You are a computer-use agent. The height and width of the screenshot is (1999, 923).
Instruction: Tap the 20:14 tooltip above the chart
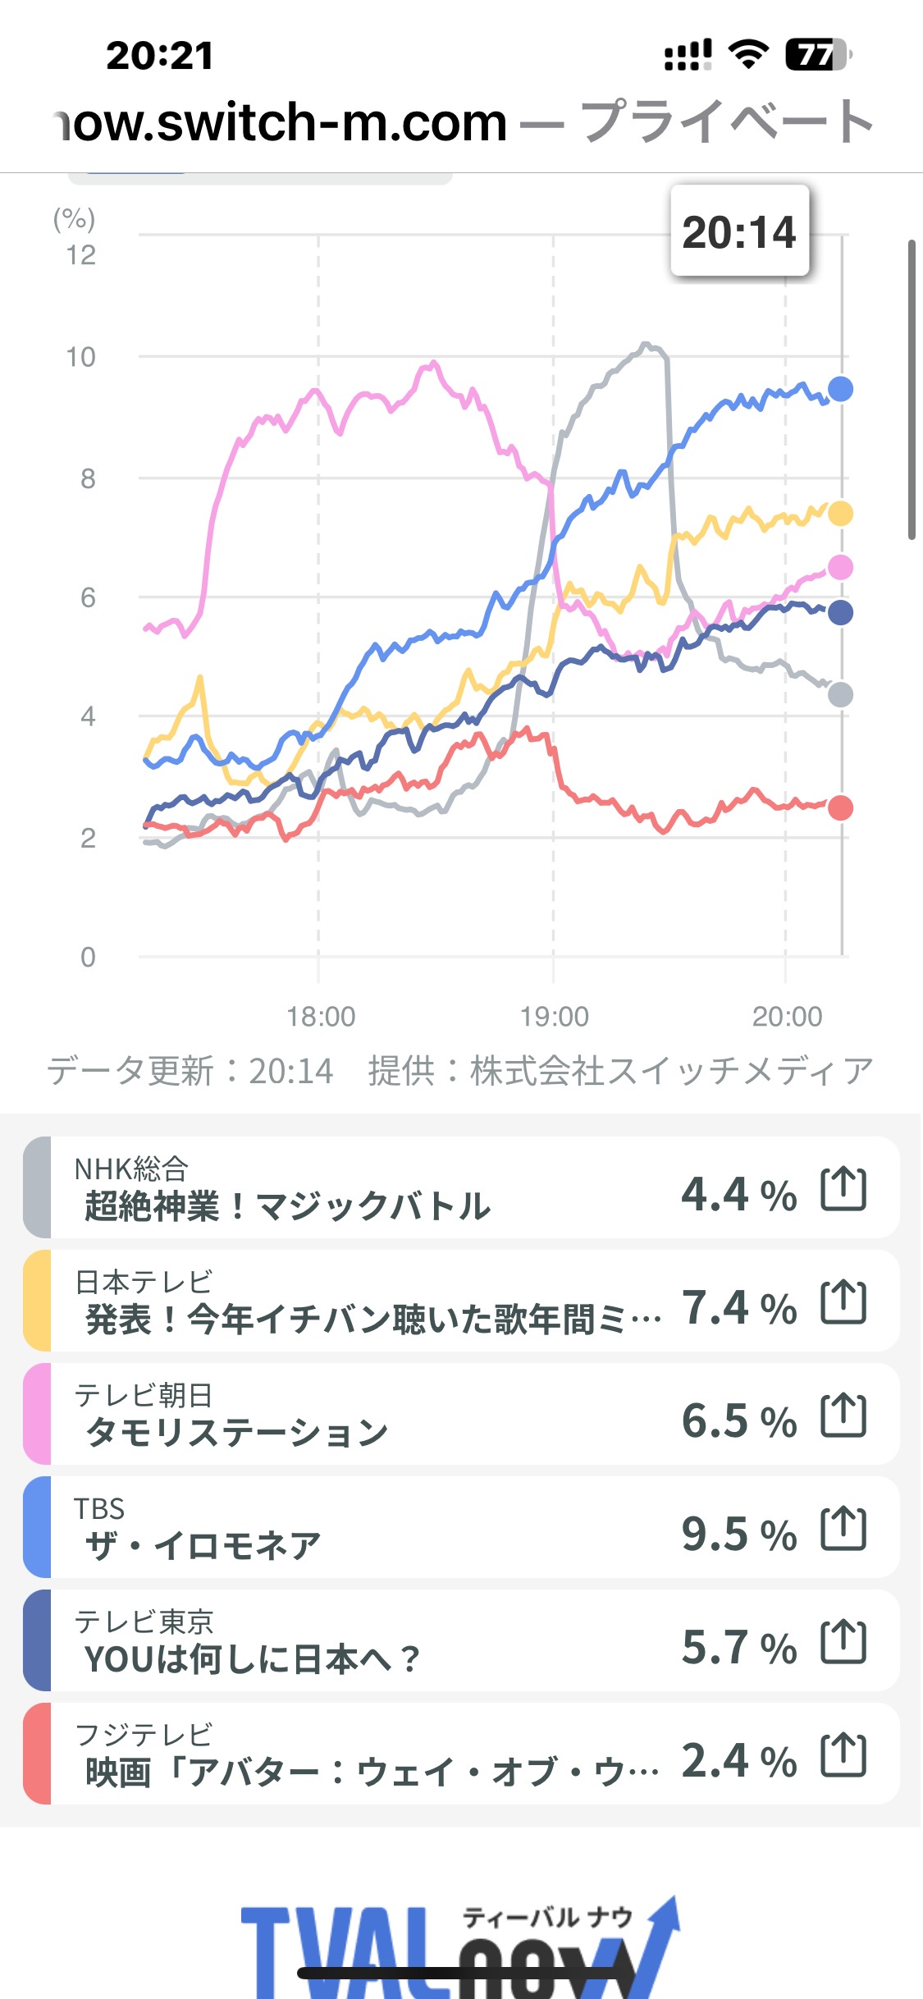click(739, 231)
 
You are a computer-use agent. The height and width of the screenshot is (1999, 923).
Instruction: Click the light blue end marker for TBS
click(840, 389)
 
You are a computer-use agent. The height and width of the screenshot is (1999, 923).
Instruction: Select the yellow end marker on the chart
click(840, 514)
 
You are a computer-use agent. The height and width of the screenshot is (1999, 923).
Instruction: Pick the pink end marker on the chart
click(840, 567)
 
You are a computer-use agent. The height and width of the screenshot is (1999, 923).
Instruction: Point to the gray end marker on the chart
click(840, 695)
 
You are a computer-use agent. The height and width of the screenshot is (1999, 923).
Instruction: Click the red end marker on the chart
click(840, 808)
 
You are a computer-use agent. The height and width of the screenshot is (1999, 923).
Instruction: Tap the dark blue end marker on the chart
click(840, 612)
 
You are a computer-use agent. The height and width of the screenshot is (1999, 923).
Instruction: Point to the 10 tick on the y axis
click(80, 357)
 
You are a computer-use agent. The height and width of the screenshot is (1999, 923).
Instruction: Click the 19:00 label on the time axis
click(554, 1017)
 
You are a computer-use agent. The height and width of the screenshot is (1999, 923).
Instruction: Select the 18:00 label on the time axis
click(321, 1017)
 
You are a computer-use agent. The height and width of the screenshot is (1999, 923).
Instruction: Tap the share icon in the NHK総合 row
click(843, 1188)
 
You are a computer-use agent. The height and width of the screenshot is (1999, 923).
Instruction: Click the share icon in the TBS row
click(843, 1528)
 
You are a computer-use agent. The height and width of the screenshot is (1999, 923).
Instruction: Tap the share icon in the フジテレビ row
click(843, 1754)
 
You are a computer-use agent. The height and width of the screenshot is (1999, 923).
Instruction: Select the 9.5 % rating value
click(738, 1534)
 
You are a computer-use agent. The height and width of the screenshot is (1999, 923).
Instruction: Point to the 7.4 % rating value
click(738, 1307)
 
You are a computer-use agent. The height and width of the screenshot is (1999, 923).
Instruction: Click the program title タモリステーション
click(236, 1433)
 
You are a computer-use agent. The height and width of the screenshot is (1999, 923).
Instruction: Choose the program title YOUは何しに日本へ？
click(252, 1659)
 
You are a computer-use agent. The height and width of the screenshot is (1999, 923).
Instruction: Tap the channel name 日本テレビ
click(144, 1281)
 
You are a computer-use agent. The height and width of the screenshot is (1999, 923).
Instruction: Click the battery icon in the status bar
click(817, 55)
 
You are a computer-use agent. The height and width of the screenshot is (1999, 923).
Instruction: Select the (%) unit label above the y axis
click(74, 218)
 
